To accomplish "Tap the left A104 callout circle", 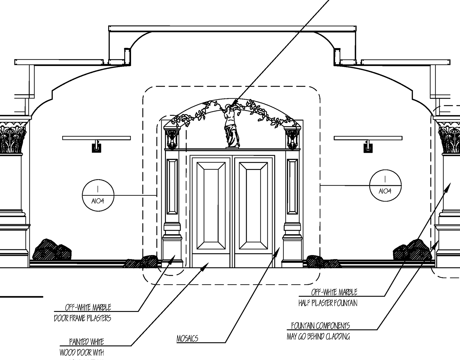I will click(x=98, y=195).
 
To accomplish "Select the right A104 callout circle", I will click(x=385, y=185).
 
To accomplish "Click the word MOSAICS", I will click(x=187, y=339).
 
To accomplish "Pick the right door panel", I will click(x=253, y=206).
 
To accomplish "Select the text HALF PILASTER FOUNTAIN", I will click(x=328, y=303).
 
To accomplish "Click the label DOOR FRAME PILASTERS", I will click(x=82, y=318).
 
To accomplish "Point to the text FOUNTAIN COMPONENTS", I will click(x=320, y=326).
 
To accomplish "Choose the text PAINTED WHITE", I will click(x=87, y=342).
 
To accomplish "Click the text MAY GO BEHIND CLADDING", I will click(x=318, y=337).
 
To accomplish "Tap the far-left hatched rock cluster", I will click(x=52, y=250).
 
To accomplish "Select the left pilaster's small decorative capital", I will click(x=172, y=138).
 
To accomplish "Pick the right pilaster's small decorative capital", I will click(x=292, y=138).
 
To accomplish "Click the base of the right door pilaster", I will click(x=292, y=251).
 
